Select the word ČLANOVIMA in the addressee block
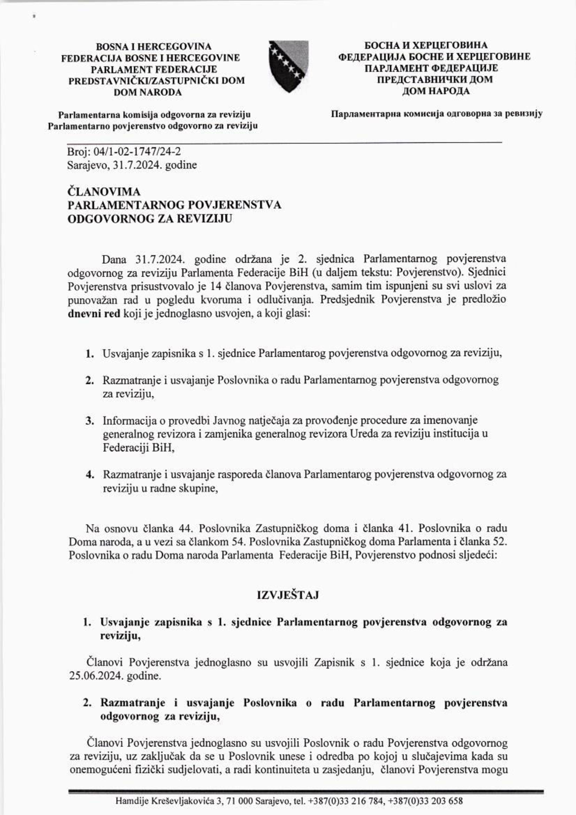[x=104, y=192]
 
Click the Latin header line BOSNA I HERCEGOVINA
[x=154, y=46]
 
